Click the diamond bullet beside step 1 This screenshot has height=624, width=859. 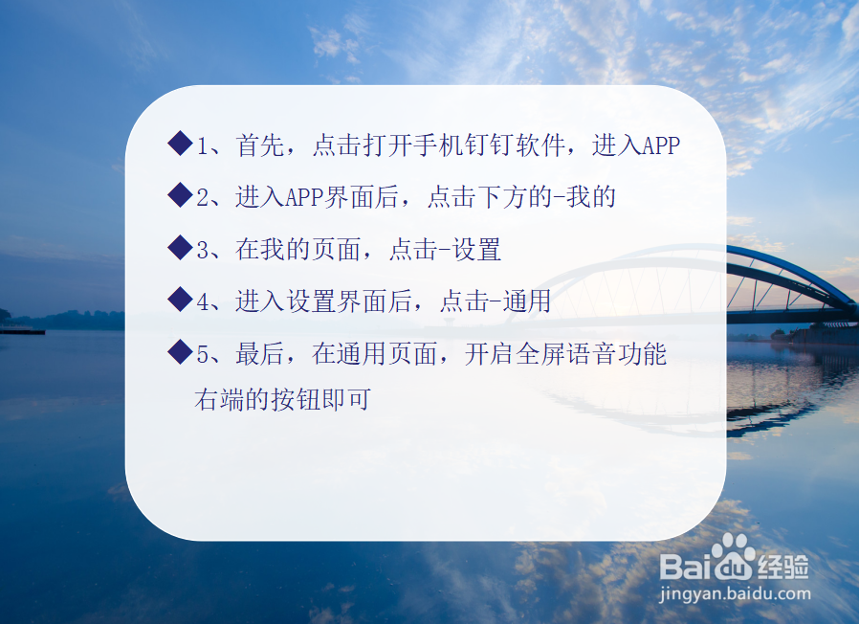[x=180, y=145]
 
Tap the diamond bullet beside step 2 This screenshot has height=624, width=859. [x=180, y=196]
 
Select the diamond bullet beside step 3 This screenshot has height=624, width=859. [x=180, y=249]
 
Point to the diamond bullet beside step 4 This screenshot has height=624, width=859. [x=180, y=301]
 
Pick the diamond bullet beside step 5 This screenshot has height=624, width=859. [x=180, y=353]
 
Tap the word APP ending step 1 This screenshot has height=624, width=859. [x=660, y=145]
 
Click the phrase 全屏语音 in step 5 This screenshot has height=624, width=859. [x=564, y=354]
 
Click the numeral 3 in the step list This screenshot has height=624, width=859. [x=202, y=251]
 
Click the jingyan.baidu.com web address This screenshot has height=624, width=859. [x=735, y=593]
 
